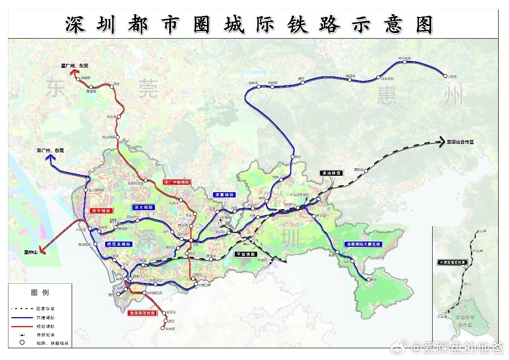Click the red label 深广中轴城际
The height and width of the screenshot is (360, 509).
pos(177,181)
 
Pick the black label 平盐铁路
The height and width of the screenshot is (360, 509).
pos(247,254)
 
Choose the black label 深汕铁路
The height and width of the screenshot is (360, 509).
pos(332,173)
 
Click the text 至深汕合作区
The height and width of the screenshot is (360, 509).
pos(467,142)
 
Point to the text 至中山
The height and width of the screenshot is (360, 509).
pos(32,252)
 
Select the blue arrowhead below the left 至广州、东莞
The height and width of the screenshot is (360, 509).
pos(49,159)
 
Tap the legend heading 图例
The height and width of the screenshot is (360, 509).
pos(40,292)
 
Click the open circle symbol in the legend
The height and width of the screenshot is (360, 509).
pos(22,343)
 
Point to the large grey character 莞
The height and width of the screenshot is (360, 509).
pos(148,89)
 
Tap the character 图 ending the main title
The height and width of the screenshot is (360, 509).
pos(424,25)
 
